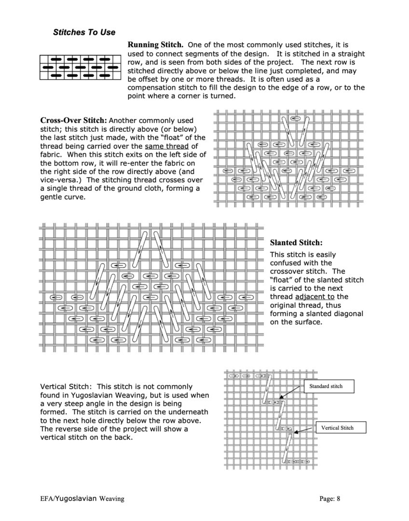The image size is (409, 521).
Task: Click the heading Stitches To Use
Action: click(84, 32)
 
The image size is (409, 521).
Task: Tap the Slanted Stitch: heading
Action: click(296, 243)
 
